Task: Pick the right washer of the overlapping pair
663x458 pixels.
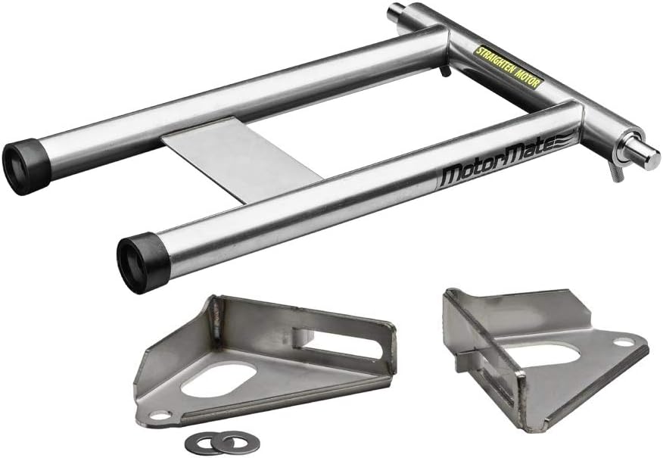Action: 223,439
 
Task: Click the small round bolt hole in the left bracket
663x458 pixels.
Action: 161,416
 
